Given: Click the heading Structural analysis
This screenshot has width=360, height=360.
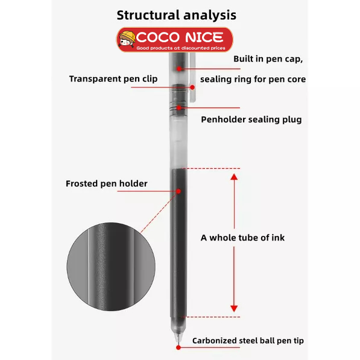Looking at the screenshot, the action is point(176,16).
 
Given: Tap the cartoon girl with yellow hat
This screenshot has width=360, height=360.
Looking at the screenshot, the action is point(127,39).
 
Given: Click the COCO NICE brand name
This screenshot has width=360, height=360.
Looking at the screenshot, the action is point(180,37).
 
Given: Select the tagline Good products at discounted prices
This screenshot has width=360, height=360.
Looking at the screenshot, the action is point(181,48).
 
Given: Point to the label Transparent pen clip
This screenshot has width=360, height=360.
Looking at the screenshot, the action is point(113,79).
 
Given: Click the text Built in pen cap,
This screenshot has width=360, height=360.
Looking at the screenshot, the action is point(268,59).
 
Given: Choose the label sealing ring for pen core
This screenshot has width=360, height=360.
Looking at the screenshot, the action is point(253,79).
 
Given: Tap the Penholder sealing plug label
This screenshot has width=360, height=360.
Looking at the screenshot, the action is point(251,119).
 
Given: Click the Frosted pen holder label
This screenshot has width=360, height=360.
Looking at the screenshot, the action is point(107,184).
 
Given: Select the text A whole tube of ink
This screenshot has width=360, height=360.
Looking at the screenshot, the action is point(242,238).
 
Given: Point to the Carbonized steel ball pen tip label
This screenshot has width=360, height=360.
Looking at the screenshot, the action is point(248,341).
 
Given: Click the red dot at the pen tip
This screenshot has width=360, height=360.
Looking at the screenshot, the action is point(178,347).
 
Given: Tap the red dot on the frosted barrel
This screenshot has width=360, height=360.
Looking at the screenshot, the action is point(178,191).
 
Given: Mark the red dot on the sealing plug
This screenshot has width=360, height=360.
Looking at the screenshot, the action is point(179,108).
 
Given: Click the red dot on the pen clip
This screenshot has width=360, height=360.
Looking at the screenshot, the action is point(192,87).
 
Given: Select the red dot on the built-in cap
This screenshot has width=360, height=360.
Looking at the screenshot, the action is point(179,69).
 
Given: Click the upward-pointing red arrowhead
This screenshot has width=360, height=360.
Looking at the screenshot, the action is point(234,177).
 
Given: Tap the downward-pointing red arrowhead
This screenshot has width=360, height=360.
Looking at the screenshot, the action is point(234,309).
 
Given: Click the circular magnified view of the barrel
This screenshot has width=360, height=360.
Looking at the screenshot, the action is point(111,267).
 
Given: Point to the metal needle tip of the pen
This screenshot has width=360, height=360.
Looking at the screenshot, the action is point(177,338).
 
